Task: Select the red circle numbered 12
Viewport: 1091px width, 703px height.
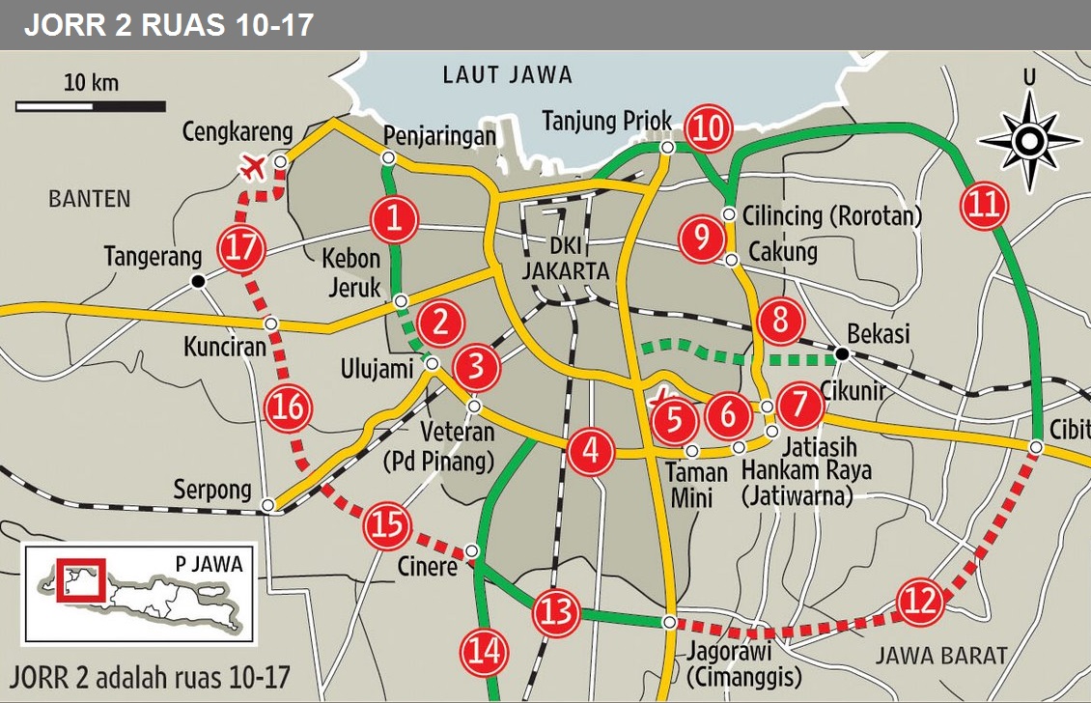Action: click(920, 602)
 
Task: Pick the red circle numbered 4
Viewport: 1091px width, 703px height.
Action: click(590, 452)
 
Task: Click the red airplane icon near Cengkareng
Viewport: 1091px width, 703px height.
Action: click(253, 167)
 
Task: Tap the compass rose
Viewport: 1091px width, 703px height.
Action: click(1029, 142)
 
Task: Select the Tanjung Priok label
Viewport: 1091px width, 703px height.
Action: click(606, 121)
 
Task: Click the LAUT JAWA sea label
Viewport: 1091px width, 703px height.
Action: click(507, 74)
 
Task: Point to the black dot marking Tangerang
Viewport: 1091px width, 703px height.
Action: click(199, 281)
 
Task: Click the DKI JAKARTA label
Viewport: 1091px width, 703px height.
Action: click(566, 259)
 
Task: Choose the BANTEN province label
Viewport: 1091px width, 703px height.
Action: click(89, 199)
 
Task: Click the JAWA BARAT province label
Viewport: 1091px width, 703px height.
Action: click(941, 656)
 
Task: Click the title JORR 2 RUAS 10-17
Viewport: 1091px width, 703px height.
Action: click(169, 25)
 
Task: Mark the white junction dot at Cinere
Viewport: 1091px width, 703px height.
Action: click(472, 551)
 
